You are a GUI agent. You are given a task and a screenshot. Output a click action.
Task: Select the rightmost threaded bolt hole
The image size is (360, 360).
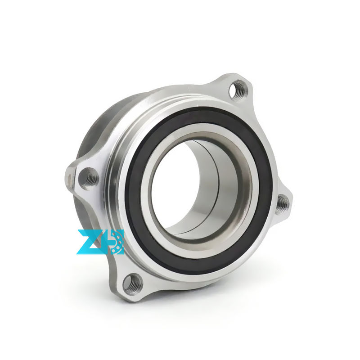click(x=283, y=203)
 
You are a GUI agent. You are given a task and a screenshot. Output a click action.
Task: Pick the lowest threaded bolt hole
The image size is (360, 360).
click(x=133, y=283)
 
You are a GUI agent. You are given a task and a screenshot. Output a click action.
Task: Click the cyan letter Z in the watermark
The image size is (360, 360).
click(x=90, y=242)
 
